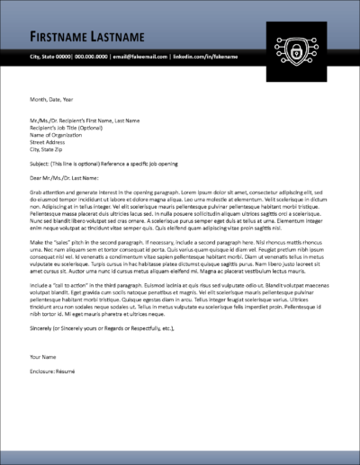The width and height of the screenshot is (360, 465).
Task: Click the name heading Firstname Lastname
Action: tap(86, 37)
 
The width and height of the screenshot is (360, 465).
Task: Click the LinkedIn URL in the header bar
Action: tap(205, 57)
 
